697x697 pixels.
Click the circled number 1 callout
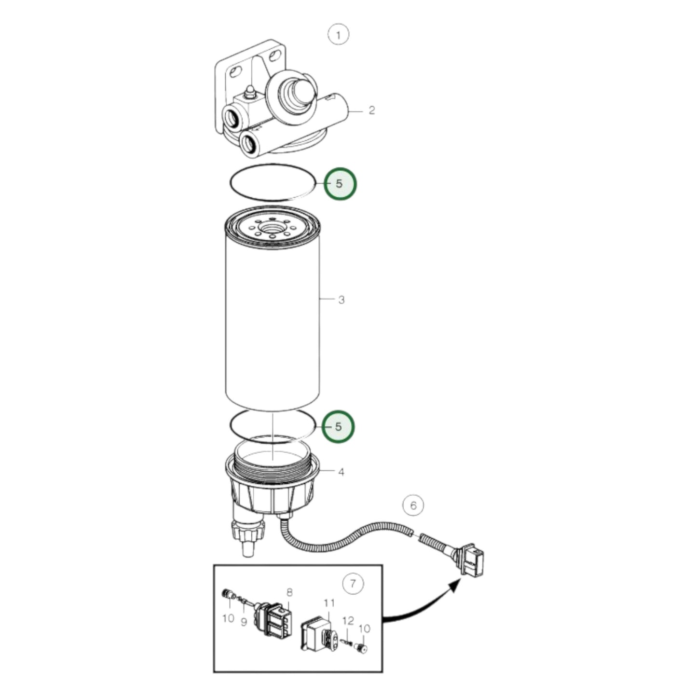[x=338, y=35]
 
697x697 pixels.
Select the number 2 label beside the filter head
[x=371, y=110]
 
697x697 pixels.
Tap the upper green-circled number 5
[x=340, y=184]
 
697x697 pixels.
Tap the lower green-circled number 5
[x=338, y=427]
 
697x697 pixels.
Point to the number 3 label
[x=342, y=300]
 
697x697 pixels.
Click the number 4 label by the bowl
[x=341, y=472]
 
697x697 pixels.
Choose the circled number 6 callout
[x=413, y=506]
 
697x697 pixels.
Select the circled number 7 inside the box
[x=353, y=584]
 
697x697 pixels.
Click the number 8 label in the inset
[x=289, y=592]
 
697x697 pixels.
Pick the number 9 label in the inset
[x=244, y=622]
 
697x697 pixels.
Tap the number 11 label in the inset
[x=329, y=603]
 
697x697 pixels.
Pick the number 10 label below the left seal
[x=228, y=618]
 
